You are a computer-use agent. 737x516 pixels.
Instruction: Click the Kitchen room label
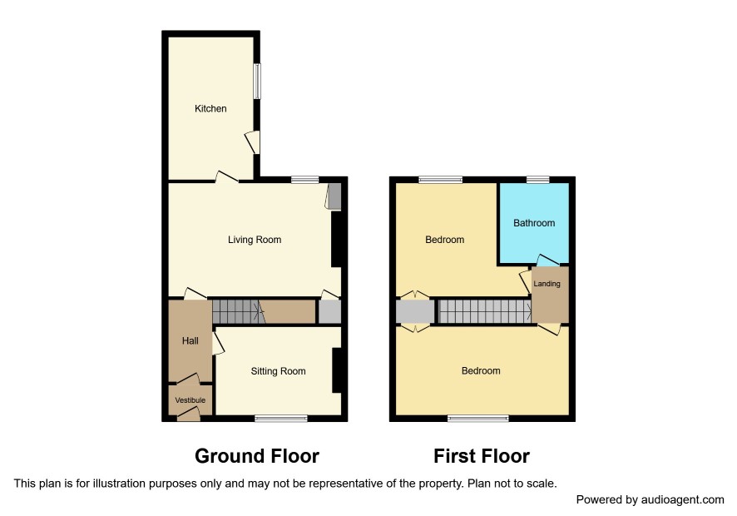(210, 109)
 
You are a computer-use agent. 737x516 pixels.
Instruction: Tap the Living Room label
(255, 240)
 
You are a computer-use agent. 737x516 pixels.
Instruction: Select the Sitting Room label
(279, 371)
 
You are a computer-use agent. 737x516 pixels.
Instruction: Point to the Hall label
(190, 340)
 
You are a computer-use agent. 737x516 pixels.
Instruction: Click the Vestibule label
(190, 400)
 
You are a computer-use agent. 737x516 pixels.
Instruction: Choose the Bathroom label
(534, 223)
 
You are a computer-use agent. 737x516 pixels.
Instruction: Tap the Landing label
(547, 284)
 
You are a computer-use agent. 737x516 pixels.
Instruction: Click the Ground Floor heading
(257, 456)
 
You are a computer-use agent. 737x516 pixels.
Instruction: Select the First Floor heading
(482, 456)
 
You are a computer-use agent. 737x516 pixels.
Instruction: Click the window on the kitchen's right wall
(257, 81)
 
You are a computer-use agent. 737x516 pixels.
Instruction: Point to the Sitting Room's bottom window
(281, 418)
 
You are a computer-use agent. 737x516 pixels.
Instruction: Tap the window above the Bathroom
(537, 179)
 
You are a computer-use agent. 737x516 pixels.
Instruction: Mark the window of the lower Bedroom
(478, 418)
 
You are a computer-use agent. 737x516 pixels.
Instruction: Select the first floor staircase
(485, 311)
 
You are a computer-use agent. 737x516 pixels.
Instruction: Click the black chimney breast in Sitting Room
(337, 370)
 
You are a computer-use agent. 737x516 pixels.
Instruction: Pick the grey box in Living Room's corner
(334, 196)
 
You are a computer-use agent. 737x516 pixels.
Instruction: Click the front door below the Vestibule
(188, 414)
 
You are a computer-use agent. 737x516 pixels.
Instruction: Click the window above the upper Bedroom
(440, 179)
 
